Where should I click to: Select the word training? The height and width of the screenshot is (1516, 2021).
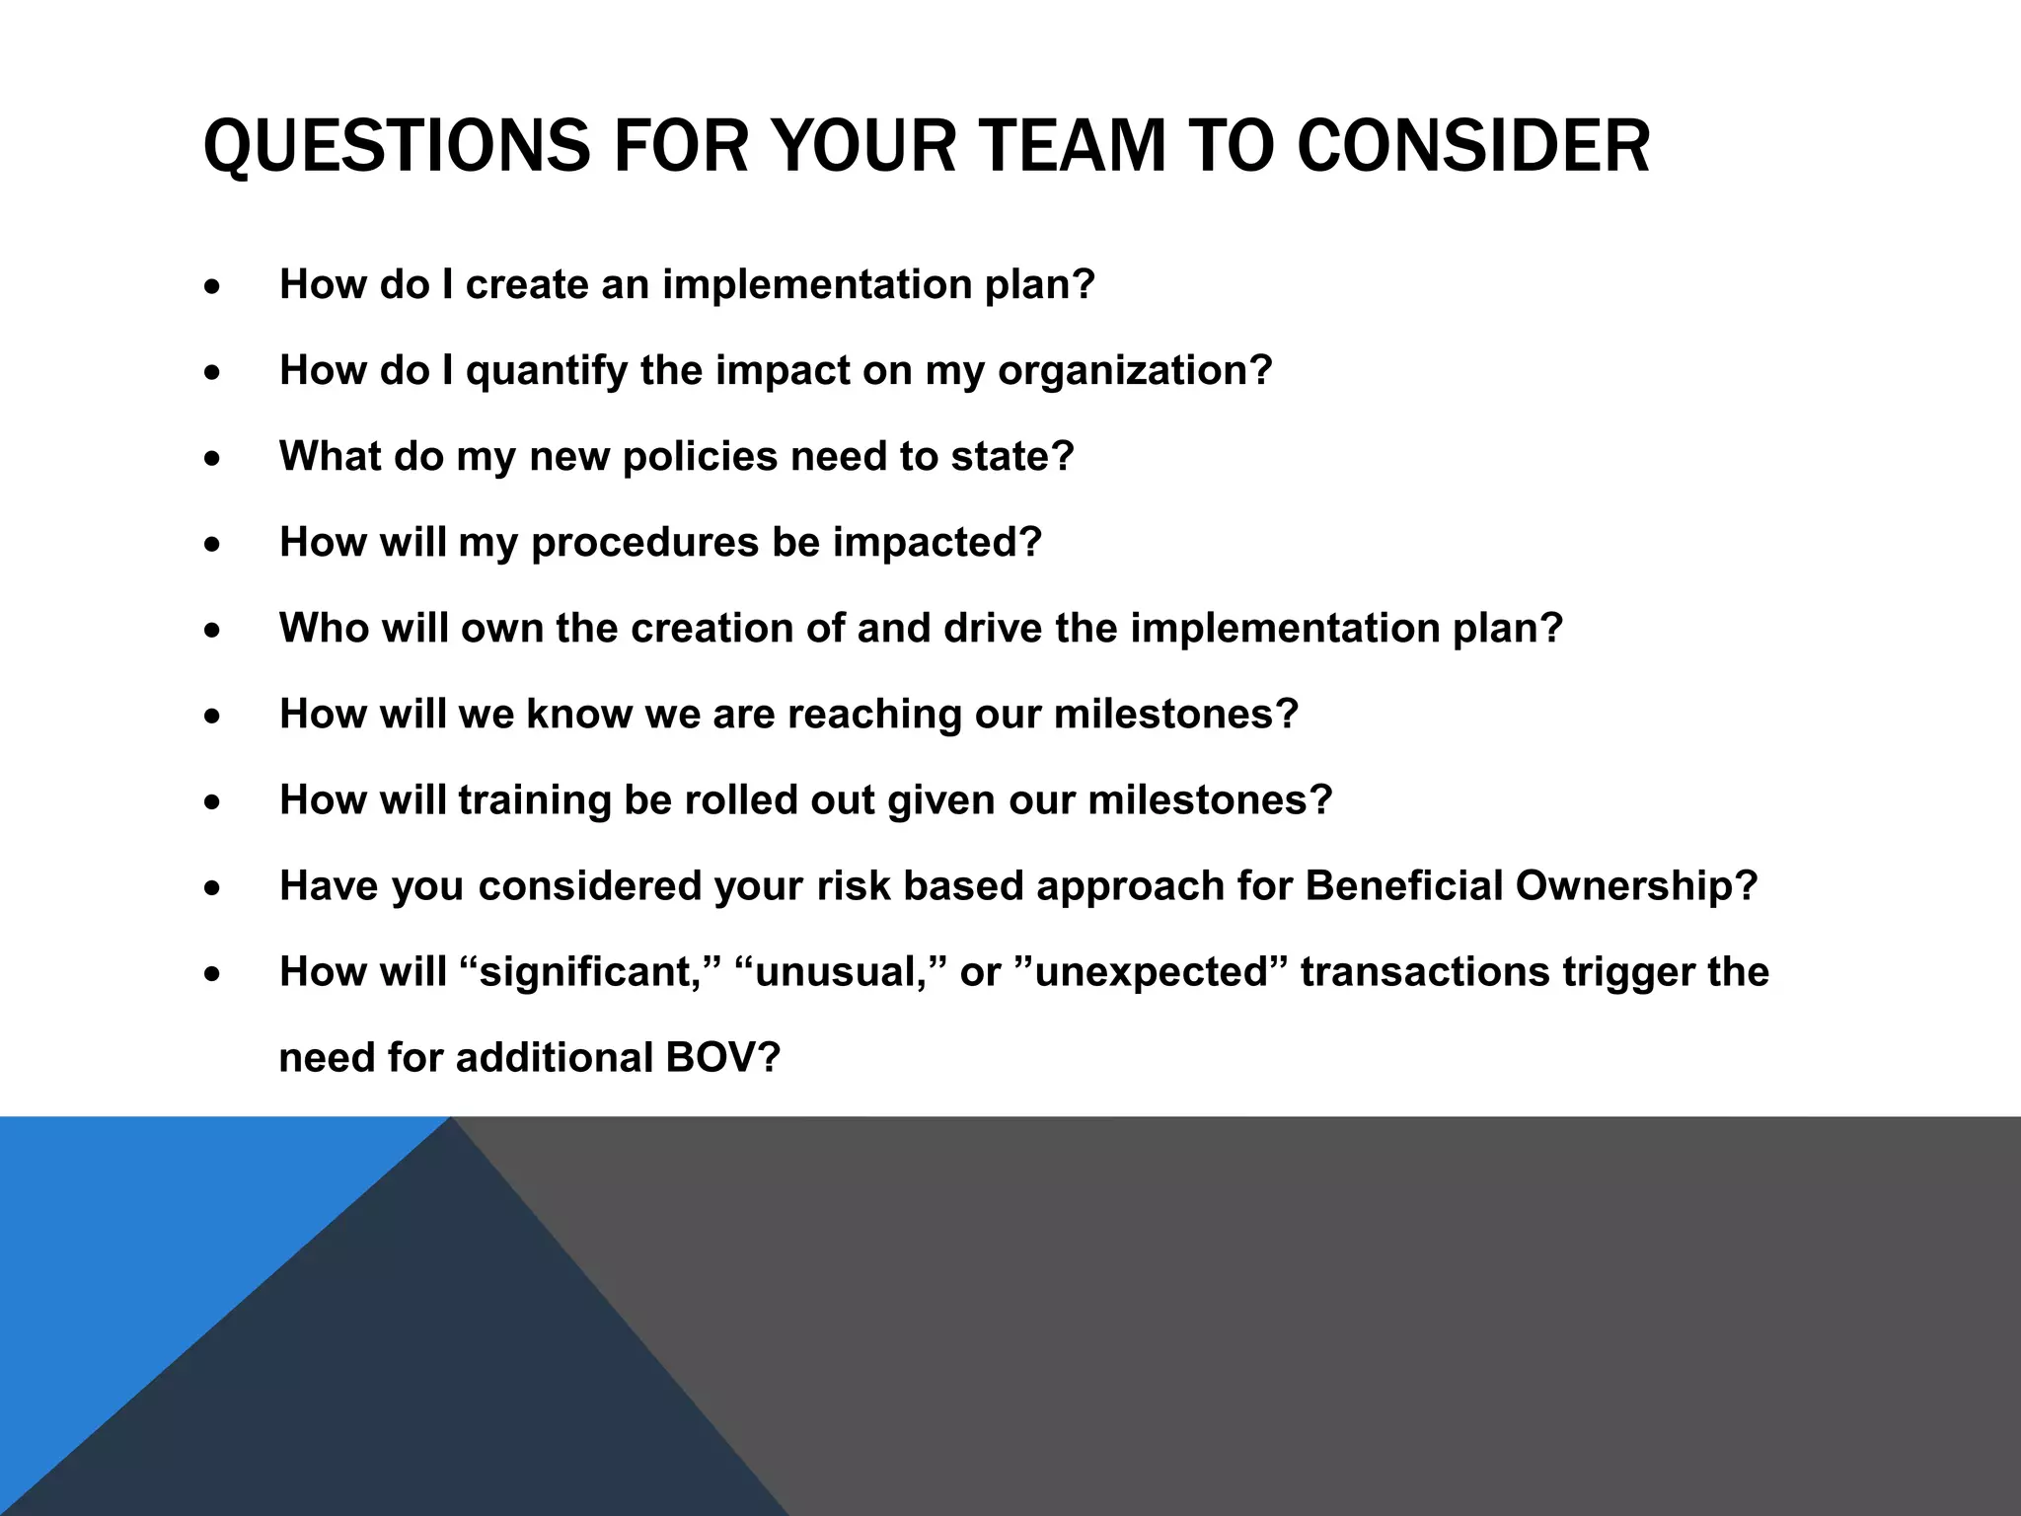click(535, 800)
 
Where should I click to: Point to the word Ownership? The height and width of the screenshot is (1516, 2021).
click(1636, 886)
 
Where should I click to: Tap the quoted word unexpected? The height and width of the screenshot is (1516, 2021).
click(1151, 972)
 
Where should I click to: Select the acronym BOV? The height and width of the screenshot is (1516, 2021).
click(721, 1058)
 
